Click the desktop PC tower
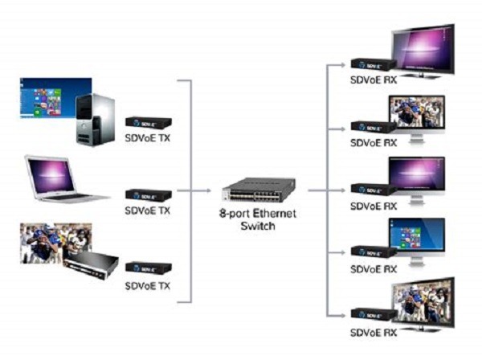click(96, 120)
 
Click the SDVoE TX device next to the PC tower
click(148, 123)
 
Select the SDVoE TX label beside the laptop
click(148, 211)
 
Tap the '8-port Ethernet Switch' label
click(258, 220)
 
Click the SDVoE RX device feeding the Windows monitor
click(373, 252)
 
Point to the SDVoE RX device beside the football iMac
click(373, 127)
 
